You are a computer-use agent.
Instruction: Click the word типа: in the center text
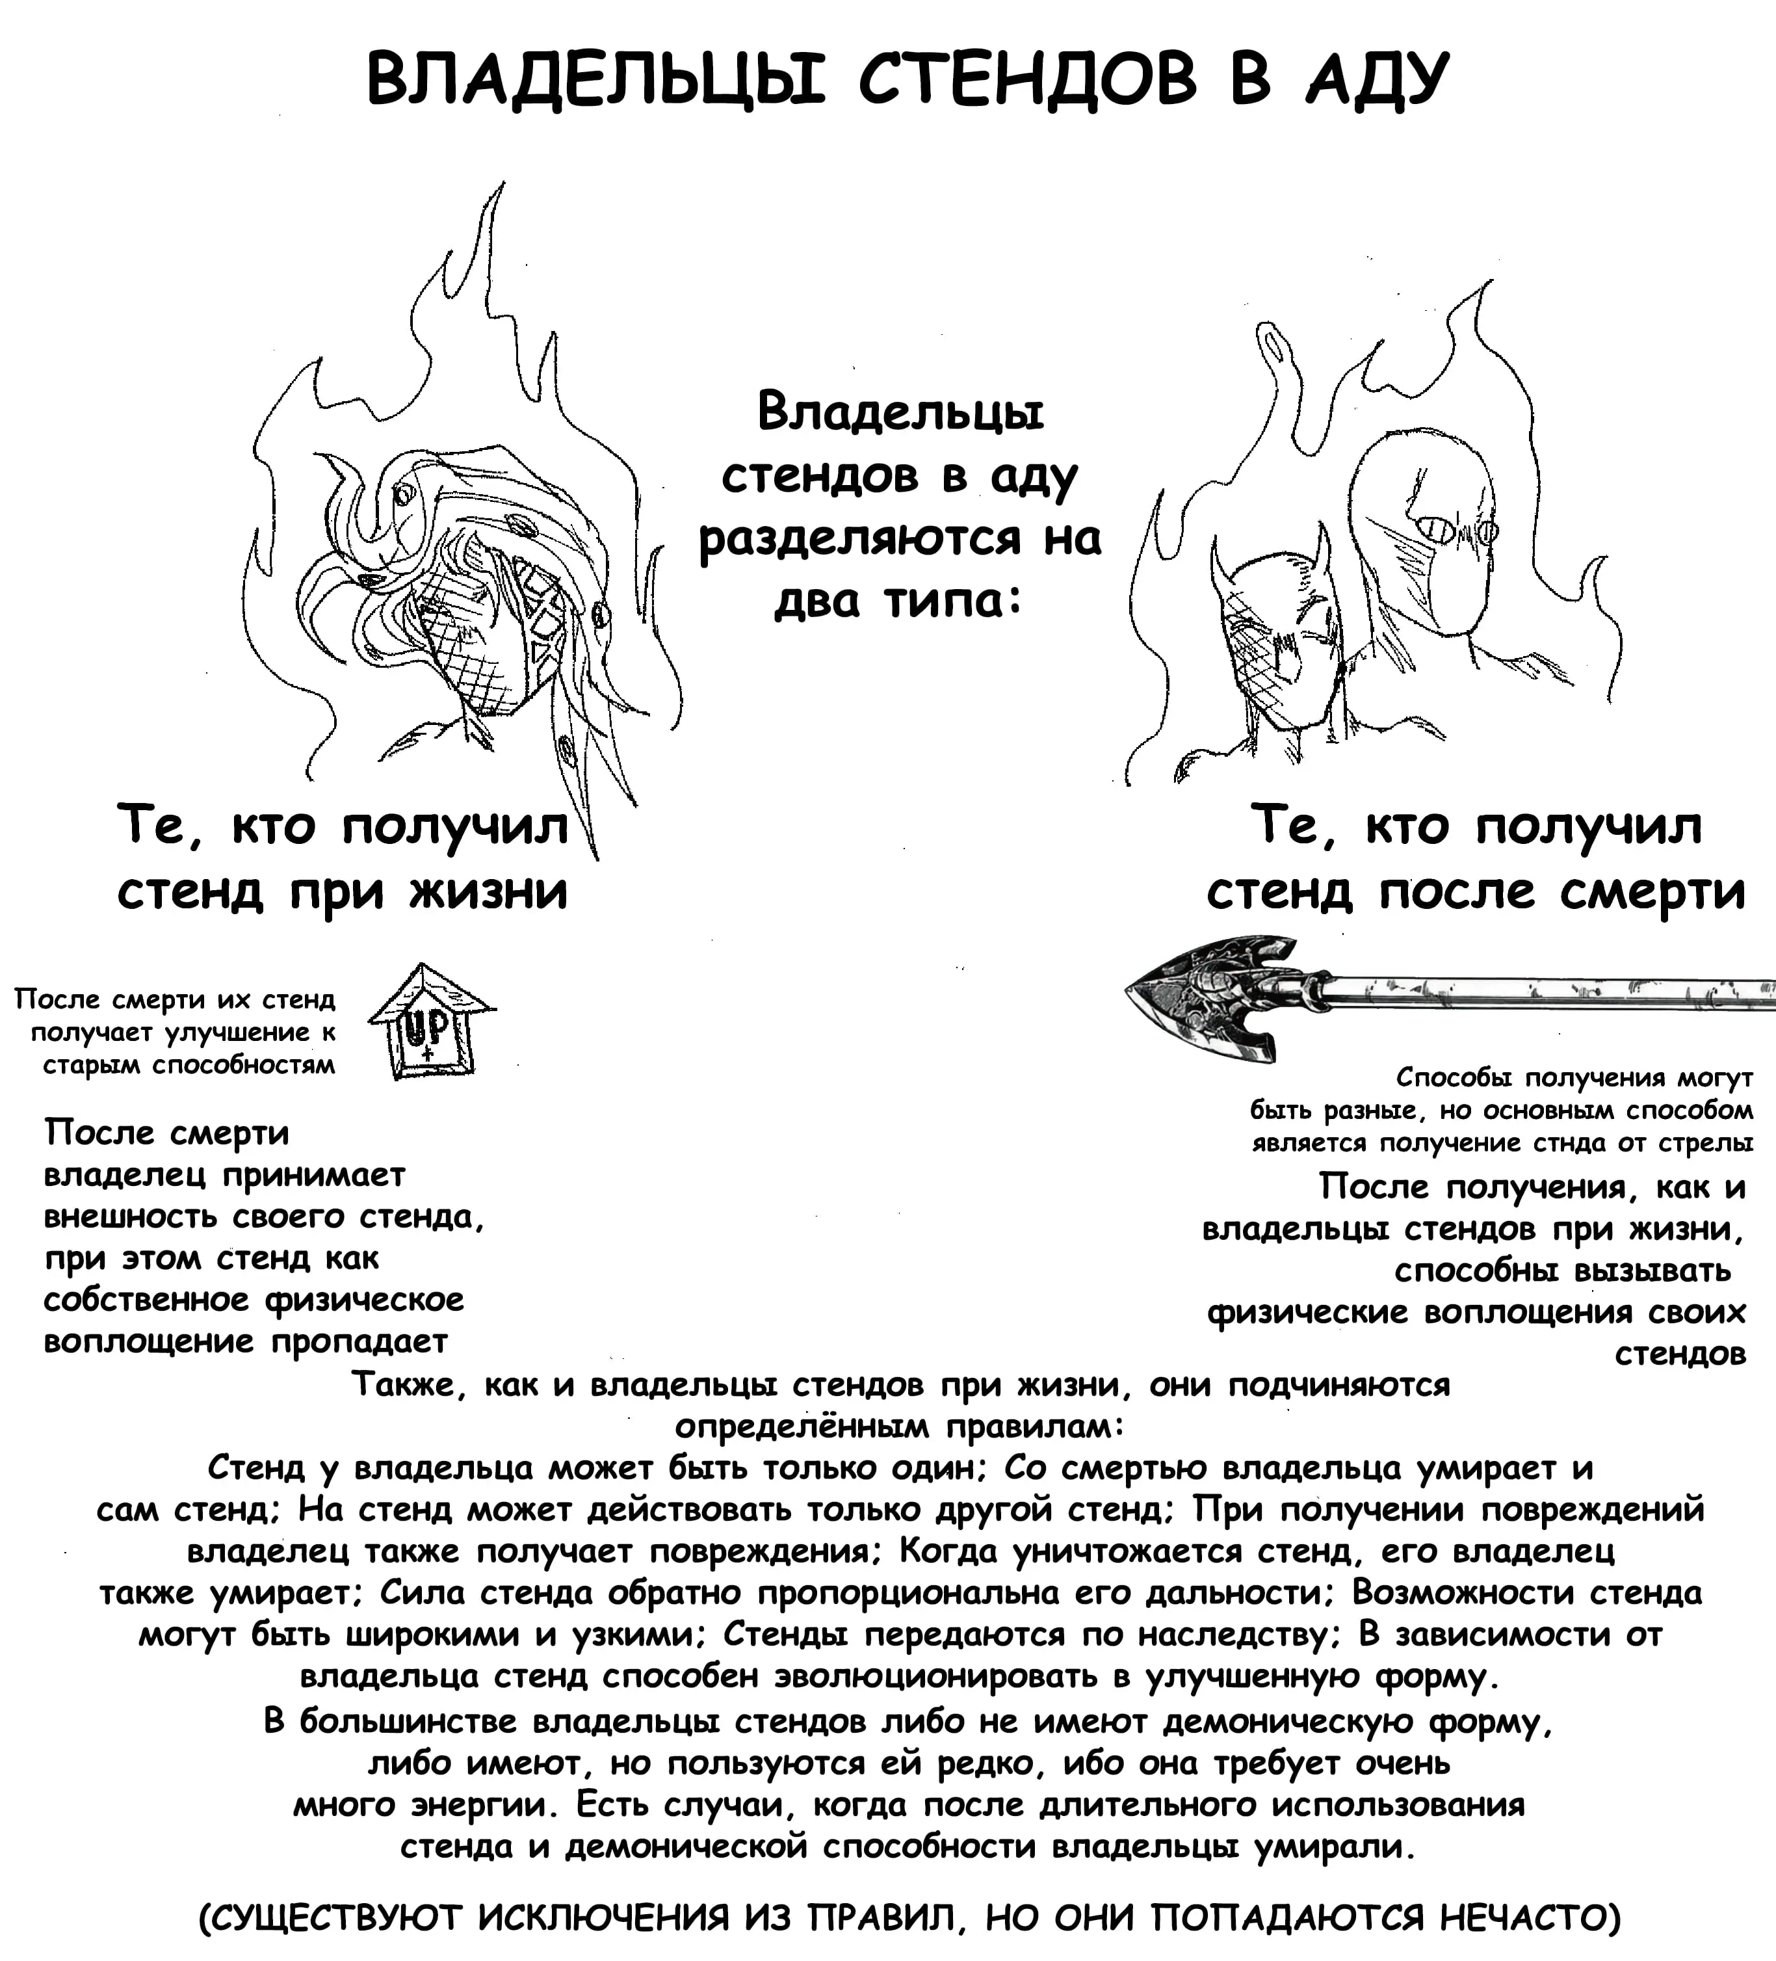point(952,602)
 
